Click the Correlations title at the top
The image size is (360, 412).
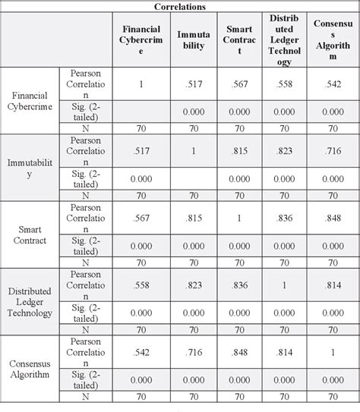click(x=180, y=6)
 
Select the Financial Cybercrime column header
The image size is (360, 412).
click(x=141, y=39)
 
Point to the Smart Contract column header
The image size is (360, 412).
click(x=239, y=39)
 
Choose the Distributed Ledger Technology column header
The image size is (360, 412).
click(x=285, y=39)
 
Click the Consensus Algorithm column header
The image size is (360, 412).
click(x=332, y=39)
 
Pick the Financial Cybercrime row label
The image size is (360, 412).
click(x=30, y=102)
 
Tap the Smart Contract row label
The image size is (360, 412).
click(x=30, y=234)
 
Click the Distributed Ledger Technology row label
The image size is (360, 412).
click(x=30, y=301)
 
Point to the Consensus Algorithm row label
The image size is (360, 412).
click(x=30, y=368)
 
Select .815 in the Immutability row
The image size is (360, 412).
click(x=239, y=151)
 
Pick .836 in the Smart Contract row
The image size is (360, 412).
click(x=285, y=218)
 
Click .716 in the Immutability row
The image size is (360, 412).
click(x=332, y=151)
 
